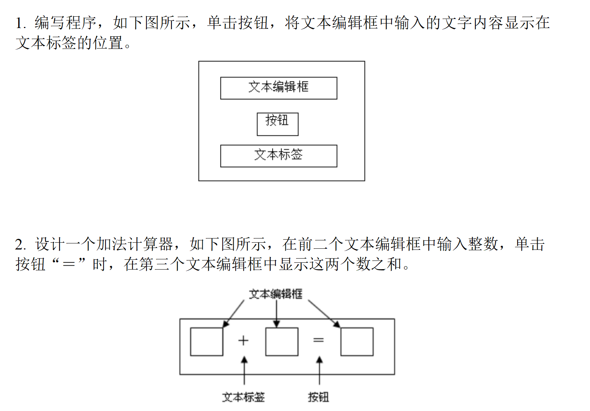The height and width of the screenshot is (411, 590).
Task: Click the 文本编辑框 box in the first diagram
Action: pos(278,88)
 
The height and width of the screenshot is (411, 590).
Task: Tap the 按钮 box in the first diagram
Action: pos(277,124)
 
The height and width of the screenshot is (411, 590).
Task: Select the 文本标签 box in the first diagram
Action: pos(278,155)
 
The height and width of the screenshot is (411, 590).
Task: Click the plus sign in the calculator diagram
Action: pos(243,340)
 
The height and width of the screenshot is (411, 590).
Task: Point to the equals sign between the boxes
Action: pos(318,340)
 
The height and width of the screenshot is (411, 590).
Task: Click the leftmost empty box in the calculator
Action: pos(206,342)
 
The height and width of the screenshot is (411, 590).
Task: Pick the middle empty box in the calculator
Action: pos(282,342)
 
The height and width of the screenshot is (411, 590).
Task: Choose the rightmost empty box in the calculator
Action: pos(357,342)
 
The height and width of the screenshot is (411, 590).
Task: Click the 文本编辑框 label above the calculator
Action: pos(276,294)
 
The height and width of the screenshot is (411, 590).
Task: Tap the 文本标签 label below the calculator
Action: pos(243,397)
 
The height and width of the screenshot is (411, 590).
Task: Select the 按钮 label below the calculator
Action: pos(318,397)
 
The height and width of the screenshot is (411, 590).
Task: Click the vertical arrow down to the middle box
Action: pos(277,313)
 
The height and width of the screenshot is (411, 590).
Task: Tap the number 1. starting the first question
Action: pos(20,23)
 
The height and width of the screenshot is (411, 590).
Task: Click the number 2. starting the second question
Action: pos(20,245)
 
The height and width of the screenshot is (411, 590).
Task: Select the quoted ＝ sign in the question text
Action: pos(69,264)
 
